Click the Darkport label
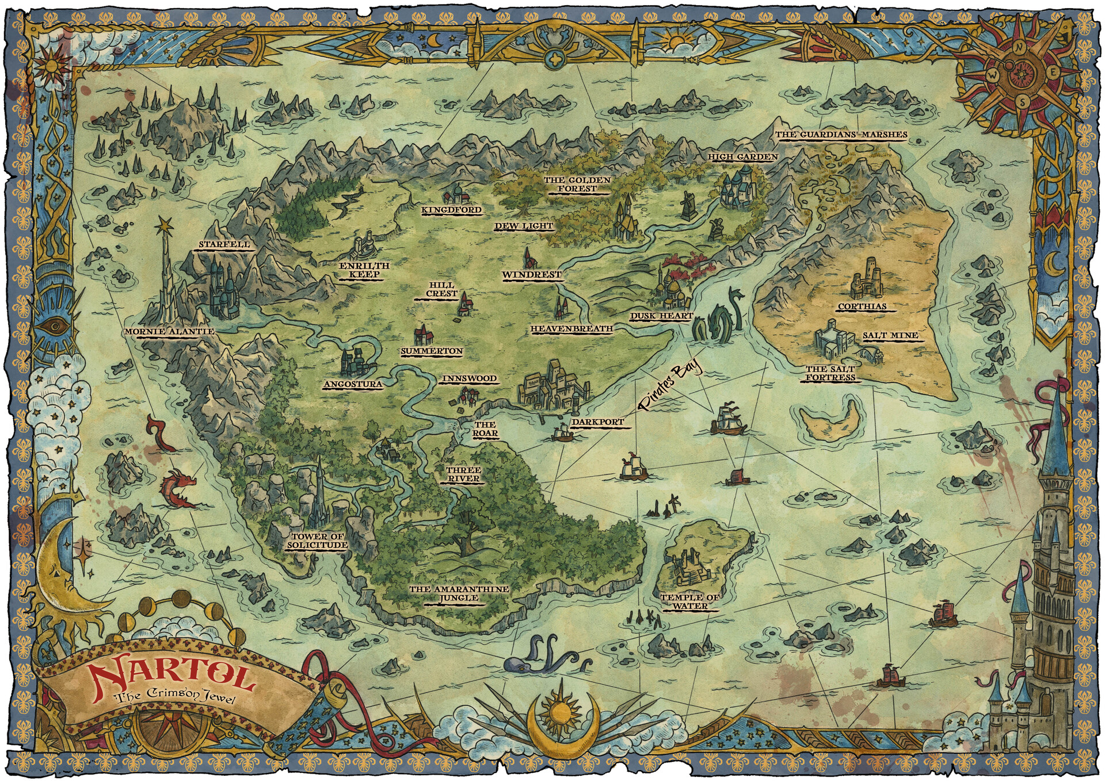(597, 422)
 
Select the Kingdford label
(451, 210)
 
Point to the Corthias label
(862, 307)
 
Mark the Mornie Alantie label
(170, 332)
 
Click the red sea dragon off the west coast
(180, 489)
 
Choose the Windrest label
(531, 275)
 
